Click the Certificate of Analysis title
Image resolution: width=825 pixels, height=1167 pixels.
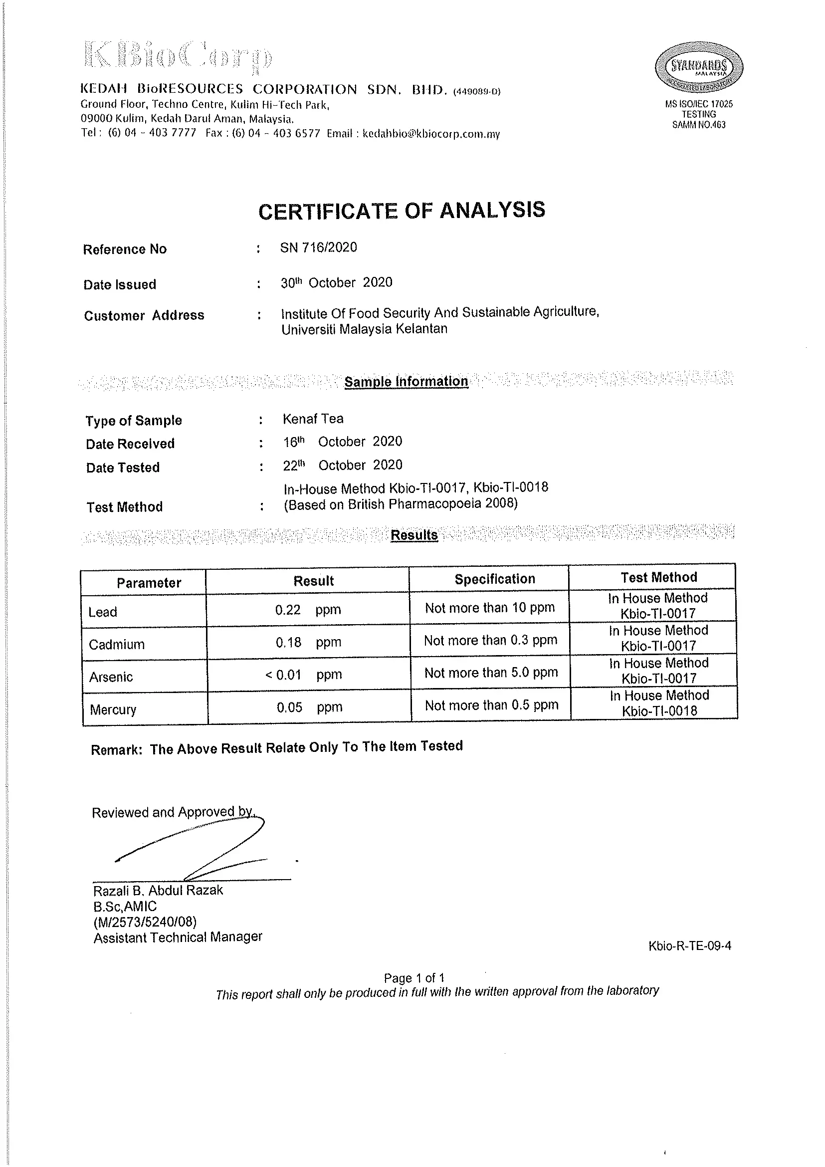click(x=402, y=211)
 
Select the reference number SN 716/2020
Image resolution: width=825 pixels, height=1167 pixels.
click(x=319, y=247)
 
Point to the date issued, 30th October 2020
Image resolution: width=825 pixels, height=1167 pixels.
click(x=336, y=282)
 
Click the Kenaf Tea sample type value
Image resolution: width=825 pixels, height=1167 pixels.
click(x=313, y=419)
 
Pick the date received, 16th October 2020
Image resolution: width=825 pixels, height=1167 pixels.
click(x=342, y=442)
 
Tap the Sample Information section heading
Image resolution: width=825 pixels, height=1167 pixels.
click(x=406, y=382)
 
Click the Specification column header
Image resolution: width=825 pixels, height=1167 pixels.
click(x=494, y=579)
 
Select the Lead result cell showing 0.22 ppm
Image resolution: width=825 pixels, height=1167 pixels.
click(x=308, y=610)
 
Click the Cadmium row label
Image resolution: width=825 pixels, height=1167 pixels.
click(x=117, y=645)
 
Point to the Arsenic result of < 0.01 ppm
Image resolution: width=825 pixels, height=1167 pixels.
click(x=303, y=675)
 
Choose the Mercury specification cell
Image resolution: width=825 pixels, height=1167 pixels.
click(x=491, y=705)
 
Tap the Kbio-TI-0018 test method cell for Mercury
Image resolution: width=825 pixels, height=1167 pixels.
click(x=659, y=703)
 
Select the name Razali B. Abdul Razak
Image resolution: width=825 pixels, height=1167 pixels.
click(x=158, y=891)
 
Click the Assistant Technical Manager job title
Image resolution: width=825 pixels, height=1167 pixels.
click(x=178, y=937)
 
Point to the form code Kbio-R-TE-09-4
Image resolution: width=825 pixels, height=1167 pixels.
click(x=689, y=946)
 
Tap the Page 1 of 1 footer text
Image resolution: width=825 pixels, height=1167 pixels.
click(x=414, y=978)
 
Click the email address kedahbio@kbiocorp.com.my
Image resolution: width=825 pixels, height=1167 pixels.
click(x=431, y=134)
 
